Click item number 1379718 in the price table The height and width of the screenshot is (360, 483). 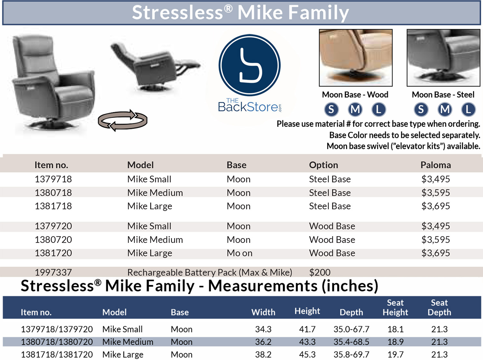point(53,179)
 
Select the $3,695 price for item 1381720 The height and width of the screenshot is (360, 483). point(435,253)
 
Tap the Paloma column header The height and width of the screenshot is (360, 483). point(436,165)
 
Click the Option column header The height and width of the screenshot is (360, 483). point(324,165)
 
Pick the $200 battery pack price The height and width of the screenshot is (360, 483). point(320,272)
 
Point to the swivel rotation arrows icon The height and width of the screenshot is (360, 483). point(123,120)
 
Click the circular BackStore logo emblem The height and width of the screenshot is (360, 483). point(250,65)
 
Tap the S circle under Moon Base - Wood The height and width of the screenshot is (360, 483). point(331,109)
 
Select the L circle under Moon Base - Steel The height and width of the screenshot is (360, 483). point(468,109)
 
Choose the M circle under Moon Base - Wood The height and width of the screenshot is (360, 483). point(355,109)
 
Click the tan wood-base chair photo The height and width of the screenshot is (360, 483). point(356,58)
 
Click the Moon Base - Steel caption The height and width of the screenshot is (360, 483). point(443,95)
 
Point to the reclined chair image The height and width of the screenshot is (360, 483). point(156,67)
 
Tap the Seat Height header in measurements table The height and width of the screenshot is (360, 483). point(395,308)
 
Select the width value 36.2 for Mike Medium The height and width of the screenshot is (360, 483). point(263,342)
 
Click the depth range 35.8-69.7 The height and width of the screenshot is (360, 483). point(351,355)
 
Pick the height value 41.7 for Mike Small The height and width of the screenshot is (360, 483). point(307,329)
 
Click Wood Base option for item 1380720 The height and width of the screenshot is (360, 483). point(332,240)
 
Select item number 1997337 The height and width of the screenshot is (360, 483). point(53,272)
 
